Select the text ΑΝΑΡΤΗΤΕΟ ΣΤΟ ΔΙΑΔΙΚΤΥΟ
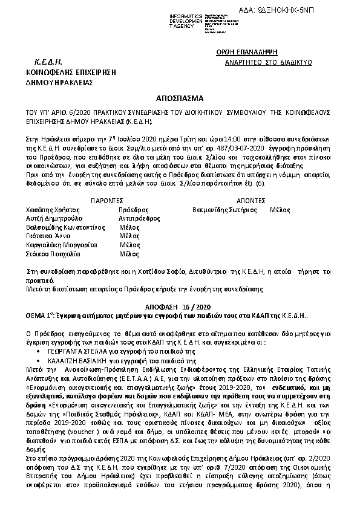click(260, 62)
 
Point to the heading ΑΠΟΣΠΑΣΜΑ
click(180, 97)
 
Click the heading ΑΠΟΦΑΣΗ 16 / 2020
click(180, 307)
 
